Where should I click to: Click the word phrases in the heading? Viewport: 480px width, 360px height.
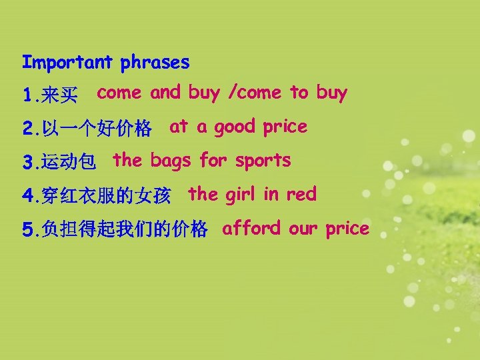pyautogui.click(x=155, y=64)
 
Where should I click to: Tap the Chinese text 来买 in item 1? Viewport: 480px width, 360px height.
pyautogui.click(x=59, y=97)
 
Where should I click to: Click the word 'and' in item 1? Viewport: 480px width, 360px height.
pyautogui.click(x=165, y=93)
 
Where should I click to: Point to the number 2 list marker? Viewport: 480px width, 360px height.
pyautogui.click(x=27, y=129)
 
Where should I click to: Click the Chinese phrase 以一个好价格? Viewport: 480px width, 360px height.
pyautogui.click(x=96, y=129)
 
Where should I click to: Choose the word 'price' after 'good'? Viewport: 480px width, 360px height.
pyautogui.click(x=285, y=127)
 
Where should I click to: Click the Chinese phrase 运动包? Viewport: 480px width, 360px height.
pyautogui.click(x=69, y=162)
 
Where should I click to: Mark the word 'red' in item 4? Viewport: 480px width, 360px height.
pyautogui.click(x=301, y=195)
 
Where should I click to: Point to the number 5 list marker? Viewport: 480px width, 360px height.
pyautogui.click(x=27, y=231)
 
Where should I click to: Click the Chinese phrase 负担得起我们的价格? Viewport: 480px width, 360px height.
pyautogui.click(x=124, y=231)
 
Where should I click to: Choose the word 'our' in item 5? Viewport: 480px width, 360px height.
pyautogui.click(x=303, y=229)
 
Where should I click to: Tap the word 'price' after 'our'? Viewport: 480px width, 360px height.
pyautogui.click(x=347, y=229)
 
